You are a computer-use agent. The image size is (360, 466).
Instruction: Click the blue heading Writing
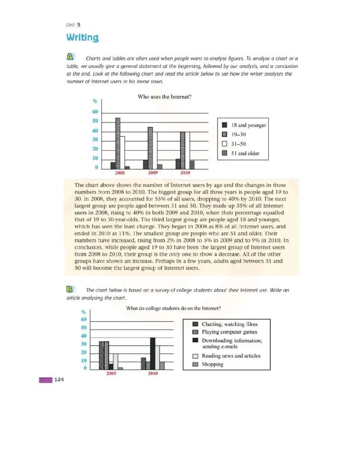pos(82,37)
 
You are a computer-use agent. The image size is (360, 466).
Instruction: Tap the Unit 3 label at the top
pos(73,25)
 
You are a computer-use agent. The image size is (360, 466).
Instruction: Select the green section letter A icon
pos(70,57)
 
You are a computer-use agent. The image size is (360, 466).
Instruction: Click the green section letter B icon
pos(70,289)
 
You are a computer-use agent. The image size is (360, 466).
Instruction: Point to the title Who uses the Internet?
pos(164,96)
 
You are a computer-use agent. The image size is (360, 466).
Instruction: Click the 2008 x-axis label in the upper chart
pos(120,173)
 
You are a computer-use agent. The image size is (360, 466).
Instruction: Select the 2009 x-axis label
pos(153,173)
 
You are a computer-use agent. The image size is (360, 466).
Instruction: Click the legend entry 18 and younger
pos(248,125)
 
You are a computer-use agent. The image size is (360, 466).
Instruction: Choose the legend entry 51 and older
pos(246,153)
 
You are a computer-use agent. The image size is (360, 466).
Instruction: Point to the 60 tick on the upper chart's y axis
pos(95,112)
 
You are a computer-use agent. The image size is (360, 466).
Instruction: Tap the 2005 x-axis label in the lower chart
pos(112,374)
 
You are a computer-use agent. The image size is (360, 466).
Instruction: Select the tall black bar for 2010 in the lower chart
pos(153,353)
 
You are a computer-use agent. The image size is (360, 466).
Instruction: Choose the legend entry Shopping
pos(212,364)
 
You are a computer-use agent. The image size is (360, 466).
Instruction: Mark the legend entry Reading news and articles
pos(231,356)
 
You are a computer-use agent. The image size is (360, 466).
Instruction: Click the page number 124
pos(59,380)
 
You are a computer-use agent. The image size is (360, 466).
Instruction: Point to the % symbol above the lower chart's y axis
pos(83,312)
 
